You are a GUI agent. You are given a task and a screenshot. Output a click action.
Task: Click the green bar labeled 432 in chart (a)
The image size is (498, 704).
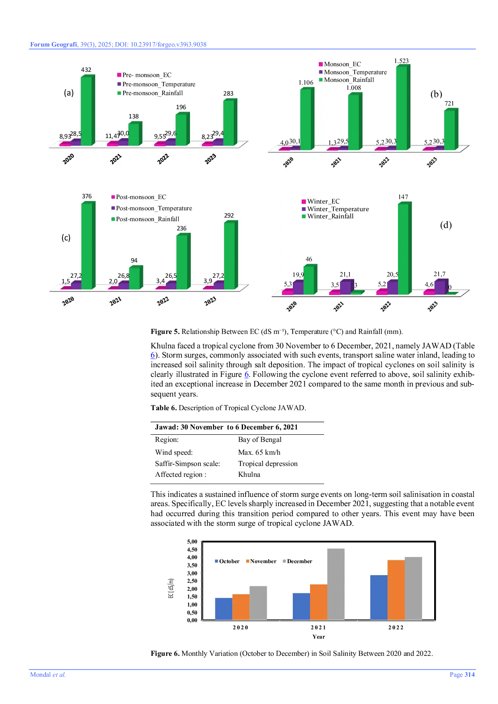86,111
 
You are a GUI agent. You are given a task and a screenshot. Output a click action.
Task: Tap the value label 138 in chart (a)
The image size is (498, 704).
133,116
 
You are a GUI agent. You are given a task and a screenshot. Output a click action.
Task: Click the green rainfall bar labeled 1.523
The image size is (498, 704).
402,108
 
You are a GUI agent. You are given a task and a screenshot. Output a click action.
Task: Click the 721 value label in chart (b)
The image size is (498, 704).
449,104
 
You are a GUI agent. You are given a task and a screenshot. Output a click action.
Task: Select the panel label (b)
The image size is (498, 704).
436,94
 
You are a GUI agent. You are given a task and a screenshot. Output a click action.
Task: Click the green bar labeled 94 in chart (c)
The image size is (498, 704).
134,278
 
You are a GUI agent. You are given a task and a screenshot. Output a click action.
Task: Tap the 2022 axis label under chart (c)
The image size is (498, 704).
163,301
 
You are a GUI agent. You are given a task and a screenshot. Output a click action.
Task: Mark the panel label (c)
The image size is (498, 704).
66,238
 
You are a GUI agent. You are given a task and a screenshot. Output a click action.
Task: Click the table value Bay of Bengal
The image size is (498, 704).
259,439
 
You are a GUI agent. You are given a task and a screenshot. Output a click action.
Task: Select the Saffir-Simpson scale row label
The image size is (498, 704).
188,464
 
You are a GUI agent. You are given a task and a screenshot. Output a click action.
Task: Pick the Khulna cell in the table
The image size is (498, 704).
249,474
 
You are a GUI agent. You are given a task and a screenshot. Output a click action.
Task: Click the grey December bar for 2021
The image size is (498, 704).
336,584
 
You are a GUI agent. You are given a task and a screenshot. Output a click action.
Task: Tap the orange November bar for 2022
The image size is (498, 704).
396,590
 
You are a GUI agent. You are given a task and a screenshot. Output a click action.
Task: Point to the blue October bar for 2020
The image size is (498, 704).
224,608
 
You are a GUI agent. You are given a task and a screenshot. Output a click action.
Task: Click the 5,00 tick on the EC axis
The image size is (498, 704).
192,542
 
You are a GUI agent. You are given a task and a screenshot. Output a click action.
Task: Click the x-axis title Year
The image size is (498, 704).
318,637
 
